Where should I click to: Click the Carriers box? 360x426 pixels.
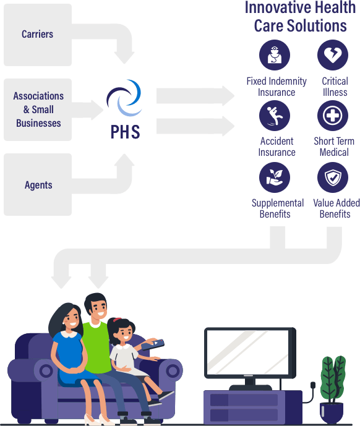[38, 34]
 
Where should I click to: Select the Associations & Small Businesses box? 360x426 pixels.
[38, 109]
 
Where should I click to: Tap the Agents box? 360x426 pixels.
[38, 185]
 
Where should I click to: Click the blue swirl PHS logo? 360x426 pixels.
[124, 99]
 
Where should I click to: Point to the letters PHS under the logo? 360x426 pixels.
[125, 131]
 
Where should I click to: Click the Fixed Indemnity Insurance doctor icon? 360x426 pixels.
[275, 56]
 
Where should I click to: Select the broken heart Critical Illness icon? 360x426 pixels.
[333, 56]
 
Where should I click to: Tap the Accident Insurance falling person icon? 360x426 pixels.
[275, 116]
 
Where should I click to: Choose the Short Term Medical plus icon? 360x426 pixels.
[333, 116]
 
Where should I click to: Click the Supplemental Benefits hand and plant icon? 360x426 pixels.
[275, 177]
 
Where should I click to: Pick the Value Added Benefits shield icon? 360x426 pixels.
[333, 177]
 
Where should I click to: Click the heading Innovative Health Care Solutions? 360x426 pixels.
[300, 17]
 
